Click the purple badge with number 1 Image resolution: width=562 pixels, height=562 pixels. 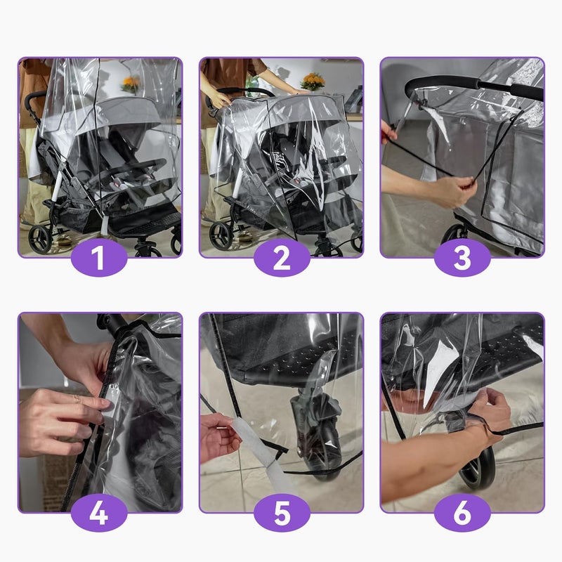pos(99,258)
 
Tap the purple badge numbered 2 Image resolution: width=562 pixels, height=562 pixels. pos(281,258)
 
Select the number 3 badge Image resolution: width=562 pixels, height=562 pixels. pos(462,258)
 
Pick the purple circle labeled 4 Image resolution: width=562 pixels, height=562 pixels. pos(99,513)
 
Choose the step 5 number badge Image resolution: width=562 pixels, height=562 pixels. pos(281,513)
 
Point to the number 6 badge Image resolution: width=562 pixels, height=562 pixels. pos(462,513)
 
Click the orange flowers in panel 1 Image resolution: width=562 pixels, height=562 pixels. pos(130,83)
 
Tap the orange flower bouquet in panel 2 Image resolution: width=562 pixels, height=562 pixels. pos(313,80)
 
